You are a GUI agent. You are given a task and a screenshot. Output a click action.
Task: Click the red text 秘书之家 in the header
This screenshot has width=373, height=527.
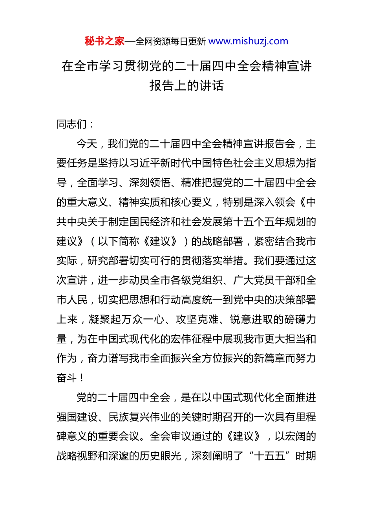(104, 41)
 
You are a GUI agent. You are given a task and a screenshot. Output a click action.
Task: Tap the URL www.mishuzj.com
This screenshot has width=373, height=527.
(248, 41)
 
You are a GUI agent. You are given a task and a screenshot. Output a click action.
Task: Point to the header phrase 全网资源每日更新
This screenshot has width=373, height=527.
(170, 42)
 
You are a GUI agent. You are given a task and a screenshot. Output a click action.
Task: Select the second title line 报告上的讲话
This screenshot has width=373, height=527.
(186, 85)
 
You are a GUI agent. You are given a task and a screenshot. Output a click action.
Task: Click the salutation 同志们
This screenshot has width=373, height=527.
(72, 124)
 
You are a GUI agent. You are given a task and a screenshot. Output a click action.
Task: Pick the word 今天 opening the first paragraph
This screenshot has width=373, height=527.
(87, 144)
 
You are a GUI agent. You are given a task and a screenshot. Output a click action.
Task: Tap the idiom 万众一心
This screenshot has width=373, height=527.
(143, 320)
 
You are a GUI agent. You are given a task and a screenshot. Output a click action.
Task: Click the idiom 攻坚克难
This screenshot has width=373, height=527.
(197, 320)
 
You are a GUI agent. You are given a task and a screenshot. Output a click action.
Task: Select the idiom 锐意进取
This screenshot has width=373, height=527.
(251, 320)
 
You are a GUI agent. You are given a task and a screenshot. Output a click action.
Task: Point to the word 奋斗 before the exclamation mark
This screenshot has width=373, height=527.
(67, 378)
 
